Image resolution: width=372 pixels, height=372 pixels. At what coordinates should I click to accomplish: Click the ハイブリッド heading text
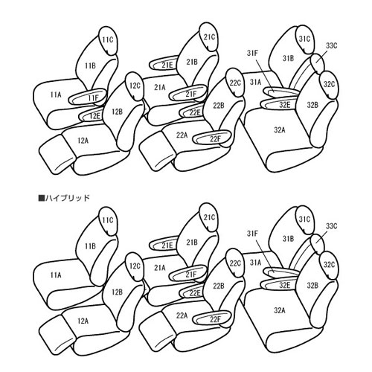click(x=67, y=198)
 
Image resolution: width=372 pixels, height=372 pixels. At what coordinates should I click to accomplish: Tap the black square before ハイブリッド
click(x=41, y=198)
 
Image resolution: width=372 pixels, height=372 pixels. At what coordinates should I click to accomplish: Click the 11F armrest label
click(x=93, y=98)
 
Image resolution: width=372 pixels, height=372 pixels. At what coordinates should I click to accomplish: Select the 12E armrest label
click(x=94, y=116)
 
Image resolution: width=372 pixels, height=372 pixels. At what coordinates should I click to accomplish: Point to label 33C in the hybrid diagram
click(x=332, y=226)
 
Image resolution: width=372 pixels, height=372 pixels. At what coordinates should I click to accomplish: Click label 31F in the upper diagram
click(x=252, y=53)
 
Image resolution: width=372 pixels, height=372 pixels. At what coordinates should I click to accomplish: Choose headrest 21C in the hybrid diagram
click(x=209, y=217)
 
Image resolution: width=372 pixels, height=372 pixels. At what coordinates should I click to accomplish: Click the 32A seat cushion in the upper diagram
click(x=280, y=130)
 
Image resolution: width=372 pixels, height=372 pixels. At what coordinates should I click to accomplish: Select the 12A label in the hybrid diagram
click(x=83, y=321)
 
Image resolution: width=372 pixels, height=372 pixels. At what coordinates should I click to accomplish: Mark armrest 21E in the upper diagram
click(x=164, y=65)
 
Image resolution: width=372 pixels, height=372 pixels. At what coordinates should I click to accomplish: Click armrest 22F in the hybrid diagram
click(x=212, y=319)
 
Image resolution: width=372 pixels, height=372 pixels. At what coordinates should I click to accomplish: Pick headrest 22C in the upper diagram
click(x=234, y=83)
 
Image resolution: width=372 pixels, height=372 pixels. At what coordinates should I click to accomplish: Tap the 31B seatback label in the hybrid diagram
click(x=289, y=239)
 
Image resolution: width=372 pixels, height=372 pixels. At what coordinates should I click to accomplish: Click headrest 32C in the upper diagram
click(x=329, y=84)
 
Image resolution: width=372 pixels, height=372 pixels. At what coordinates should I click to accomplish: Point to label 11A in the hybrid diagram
click(x=56, y=275)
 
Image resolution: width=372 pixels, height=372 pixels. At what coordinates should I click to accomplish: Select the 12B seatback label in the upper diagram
click(x=117, y=112)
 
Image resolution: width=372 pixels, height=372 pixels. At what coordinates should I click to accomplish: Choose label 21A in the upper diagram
click(x=159, y=87)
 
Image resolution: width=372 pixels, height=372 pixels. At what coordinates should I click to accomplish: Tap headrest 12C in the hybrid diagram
click(x=135, y=266)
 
